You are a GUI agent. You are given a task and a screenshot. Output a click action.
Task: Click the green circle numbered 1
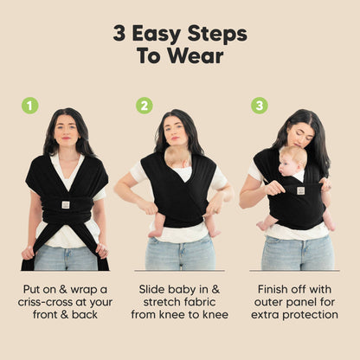coord(30,106)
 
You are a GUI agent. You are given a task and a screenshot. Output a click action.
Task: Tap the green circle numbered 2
coord(145,106)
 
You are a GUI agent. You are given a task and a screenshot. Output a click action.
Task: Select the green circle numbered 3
coord(259,106)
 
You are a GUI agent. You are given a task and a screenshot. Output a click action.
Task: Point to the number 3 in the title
coord(120,34)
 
